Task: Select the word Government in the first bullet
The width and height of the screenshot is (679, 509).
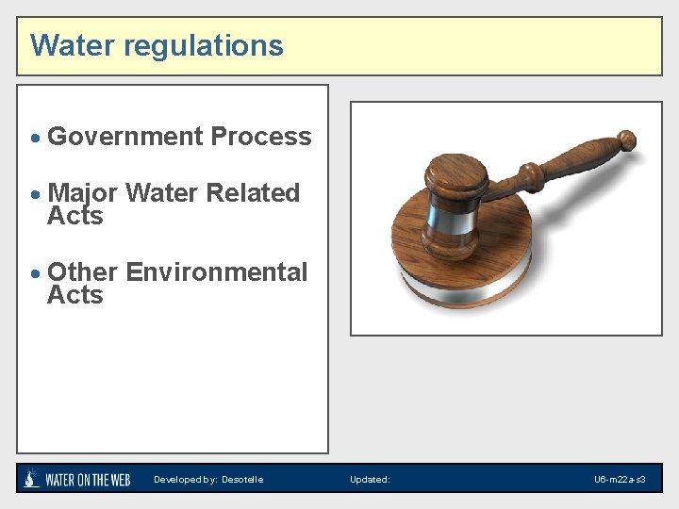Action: tap(124, 137)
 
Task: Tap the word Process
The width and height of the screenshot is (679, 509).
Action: tap(260, 137)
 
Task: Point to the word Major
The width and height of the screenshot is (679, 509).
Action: tap(82, 193)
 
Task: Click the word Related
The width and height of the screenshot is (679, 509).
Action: tap(252, 193)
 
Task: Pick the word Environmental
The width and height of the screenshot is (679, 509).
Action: tap(216, 272)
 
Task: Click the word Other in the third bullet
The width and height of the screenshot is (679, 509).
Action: tap(82, 272)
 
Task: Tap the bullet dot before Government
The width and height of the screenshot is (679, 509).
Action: tap(36, 139)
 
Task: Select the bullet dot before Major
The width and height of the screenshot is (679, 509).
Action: tap(36, 195)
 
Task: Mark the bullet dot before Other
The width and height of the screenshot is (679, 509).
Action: tap(36, 274)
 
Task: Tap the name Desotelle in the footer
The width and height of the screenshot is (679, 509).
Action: tap(242, 480)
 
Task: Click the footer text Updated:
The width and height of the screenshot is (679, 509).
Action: tap(370, 480)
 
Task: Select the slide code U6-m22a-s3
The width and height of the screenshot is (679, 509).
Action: tap(620, 480)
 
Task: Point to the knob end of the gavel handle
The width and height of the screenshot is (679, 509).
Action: tap(624, 142)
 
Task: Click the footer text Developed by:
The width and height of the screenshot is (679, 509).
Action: tap(186, 480)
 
